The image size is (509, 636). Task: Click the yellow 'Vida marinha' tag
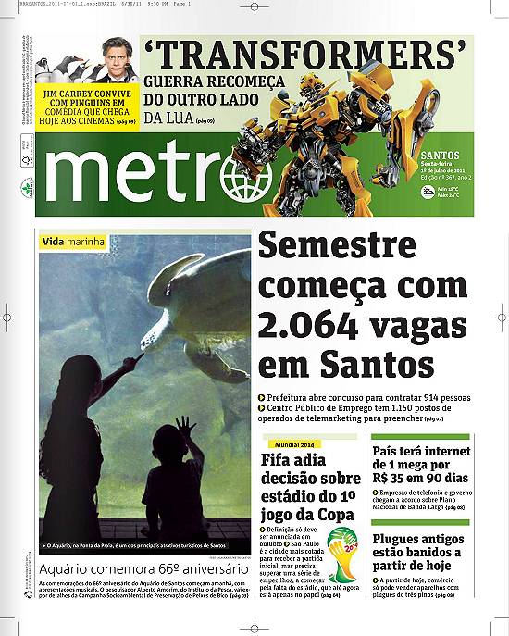(74, 243)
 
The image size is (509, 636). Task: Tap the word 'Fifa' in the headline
(280, 460)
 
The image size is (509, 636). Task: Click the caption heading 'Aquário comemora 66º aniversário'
(144, 565)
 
